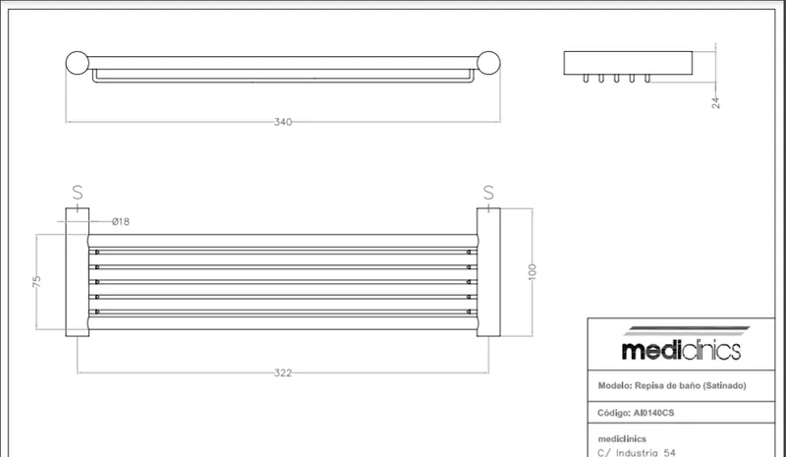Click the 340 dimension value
pyautogui.click(x=283, y=122)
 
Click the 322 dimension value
pyautogui.click(x=283, y=372)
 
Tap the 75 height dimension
pyautogui.click(x=36, y=281)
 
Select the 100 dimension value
pyautogui.click(x=533, y=272)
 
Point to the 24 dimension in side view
pyautogui.click(x=716, y=103)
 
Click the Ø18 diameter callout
pyautogui.click(x=121, y=221)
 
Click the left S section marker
pyautogui.click(x=78, y=192)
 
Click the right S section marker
pyautogui.click(x=488, y=192)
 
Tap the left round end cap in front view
pyautogui.click(x=78, y=63)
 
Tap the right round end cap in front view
pyautogui.click(x=488, y=63)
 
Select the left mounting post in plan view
pyautogui.click(x=78, y=272)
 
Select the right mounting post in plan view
pyautogui.click(x=488, y=272)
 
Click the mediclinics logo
pyautogui.click(x=682, y=344)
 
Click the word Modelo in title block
pyautogui.click(x=614, y=386)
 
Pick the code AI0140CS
pyautogui.click(x=653, y=413)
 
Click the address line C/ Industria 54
pyautogui.click(x=637, y=453)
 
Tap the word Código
pyautogui.click(x=613, y=413)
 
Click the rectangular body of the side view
pyautogui.click(x=628, y=63)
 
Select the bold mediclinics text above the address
pyautogui.click(x=622, y=439)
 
